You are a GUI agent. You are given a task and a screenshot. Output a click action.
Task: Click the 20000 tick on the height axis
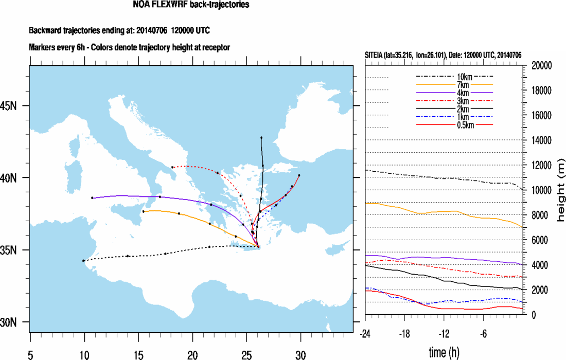pyautogui.click(x=541, y=66)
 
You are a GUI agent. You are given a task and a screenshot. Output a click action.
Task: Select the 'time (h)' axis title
pyautogui.click(x=445, y=352)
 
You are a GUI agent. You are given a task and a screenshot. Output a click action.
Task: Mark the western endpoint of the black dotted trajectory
pyautogui.click(x=83, y=261)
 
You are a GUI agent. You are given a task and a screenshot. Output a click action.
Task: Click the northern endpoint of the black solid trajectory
pyautogui.click(x=261, y=138)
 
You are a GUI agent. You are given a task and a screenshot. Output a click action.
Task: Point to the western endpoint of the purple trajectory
pyautogui.click(x=92, y=197)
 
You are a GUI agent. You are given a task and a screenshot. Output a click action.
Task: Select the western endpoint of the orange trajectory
pyautogui.click(x=143, y=211)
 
